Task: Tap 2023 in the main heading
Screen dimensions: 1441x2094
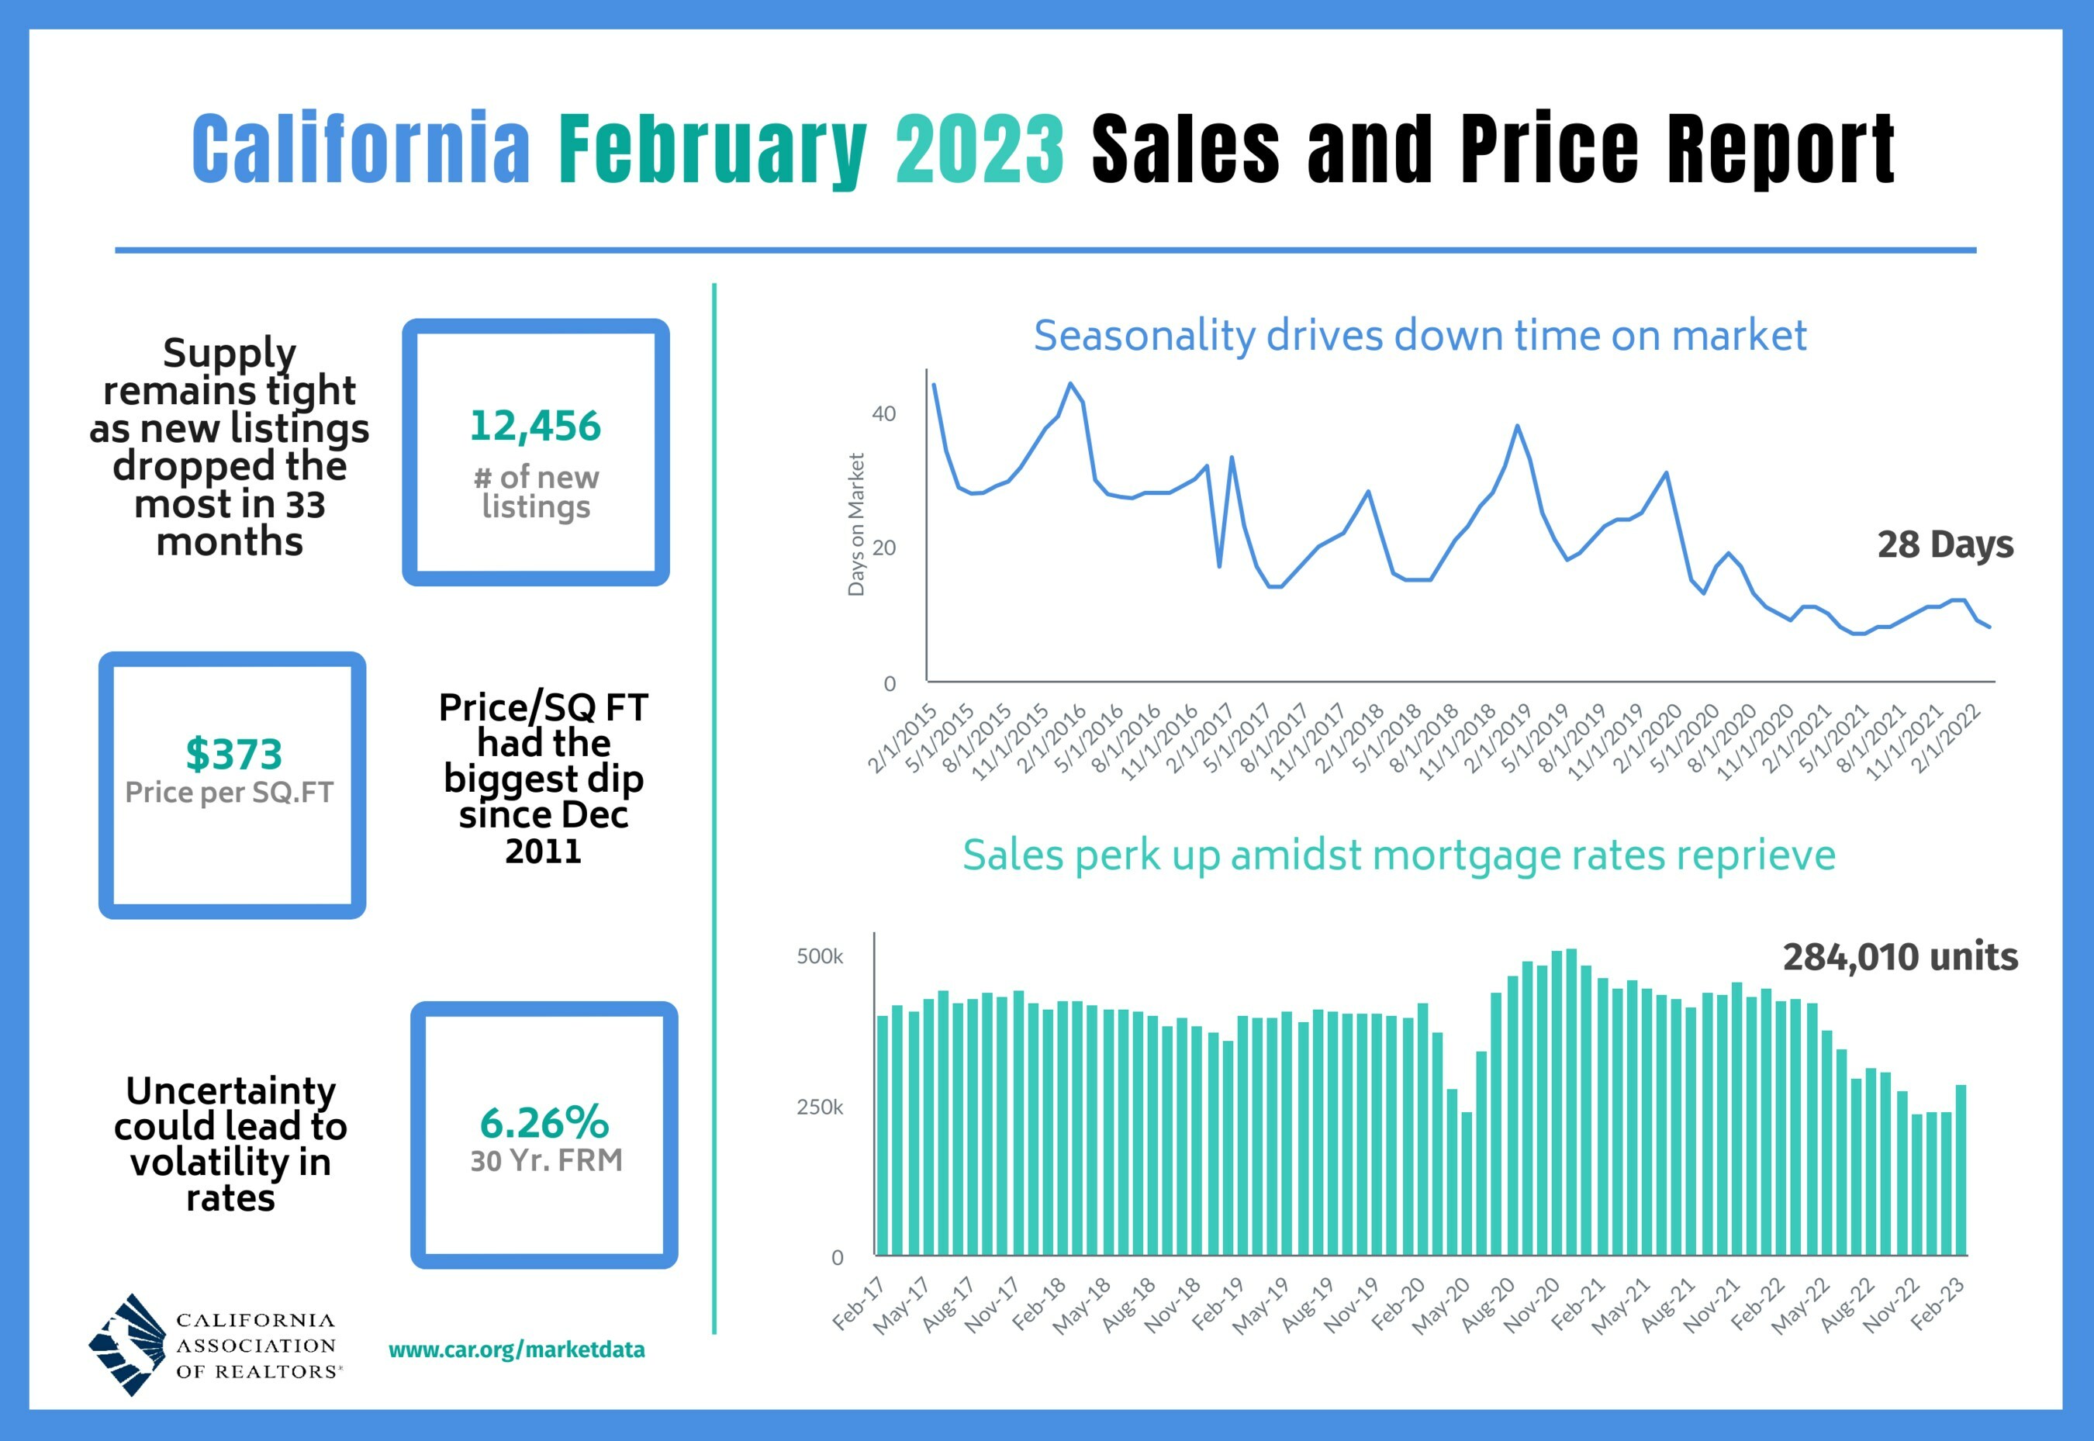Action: pos(979,149)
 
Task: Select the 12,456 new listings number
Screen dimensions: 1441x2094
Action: pos(534,426)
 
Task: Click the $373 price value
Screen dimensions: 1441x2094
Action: pos(234,754)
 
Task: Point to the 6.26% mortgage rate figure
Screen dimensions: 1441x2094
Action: pos(544,1123)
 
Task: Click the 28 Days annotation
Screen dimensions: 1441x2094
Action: pos(1944,544)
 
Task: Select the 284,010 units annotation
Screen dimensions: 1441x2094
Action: pos(1900,957)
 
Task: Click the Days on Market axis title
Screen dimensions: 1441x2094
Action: pos(856,524)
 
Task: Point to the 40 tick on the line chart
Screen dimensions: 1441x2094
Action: pos(883,414)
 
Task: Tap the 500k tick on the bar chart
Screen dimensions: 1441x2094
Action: pos(819,957)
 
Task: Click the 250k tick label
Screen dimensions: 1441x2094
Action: pos(819,1108)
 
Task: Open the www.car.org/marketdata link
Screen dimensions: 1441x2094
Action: pos(517,1349)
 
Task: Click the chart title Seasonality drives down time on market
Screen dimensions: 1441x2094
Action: pos(1419,336)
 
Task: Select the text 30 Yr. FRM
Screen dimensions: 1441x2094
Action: pos(546,1160)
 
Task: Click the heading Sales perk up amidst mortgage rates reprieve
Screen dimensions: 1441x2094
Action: pos(1398,855)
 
